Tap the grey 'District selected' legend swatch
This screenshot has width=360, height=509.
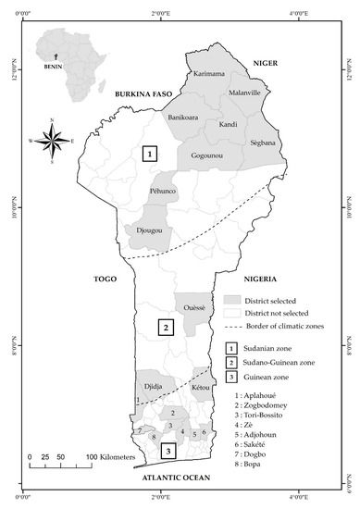coord(231,301)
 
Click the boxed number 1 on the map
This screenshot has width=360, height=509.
coord(149,155)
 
